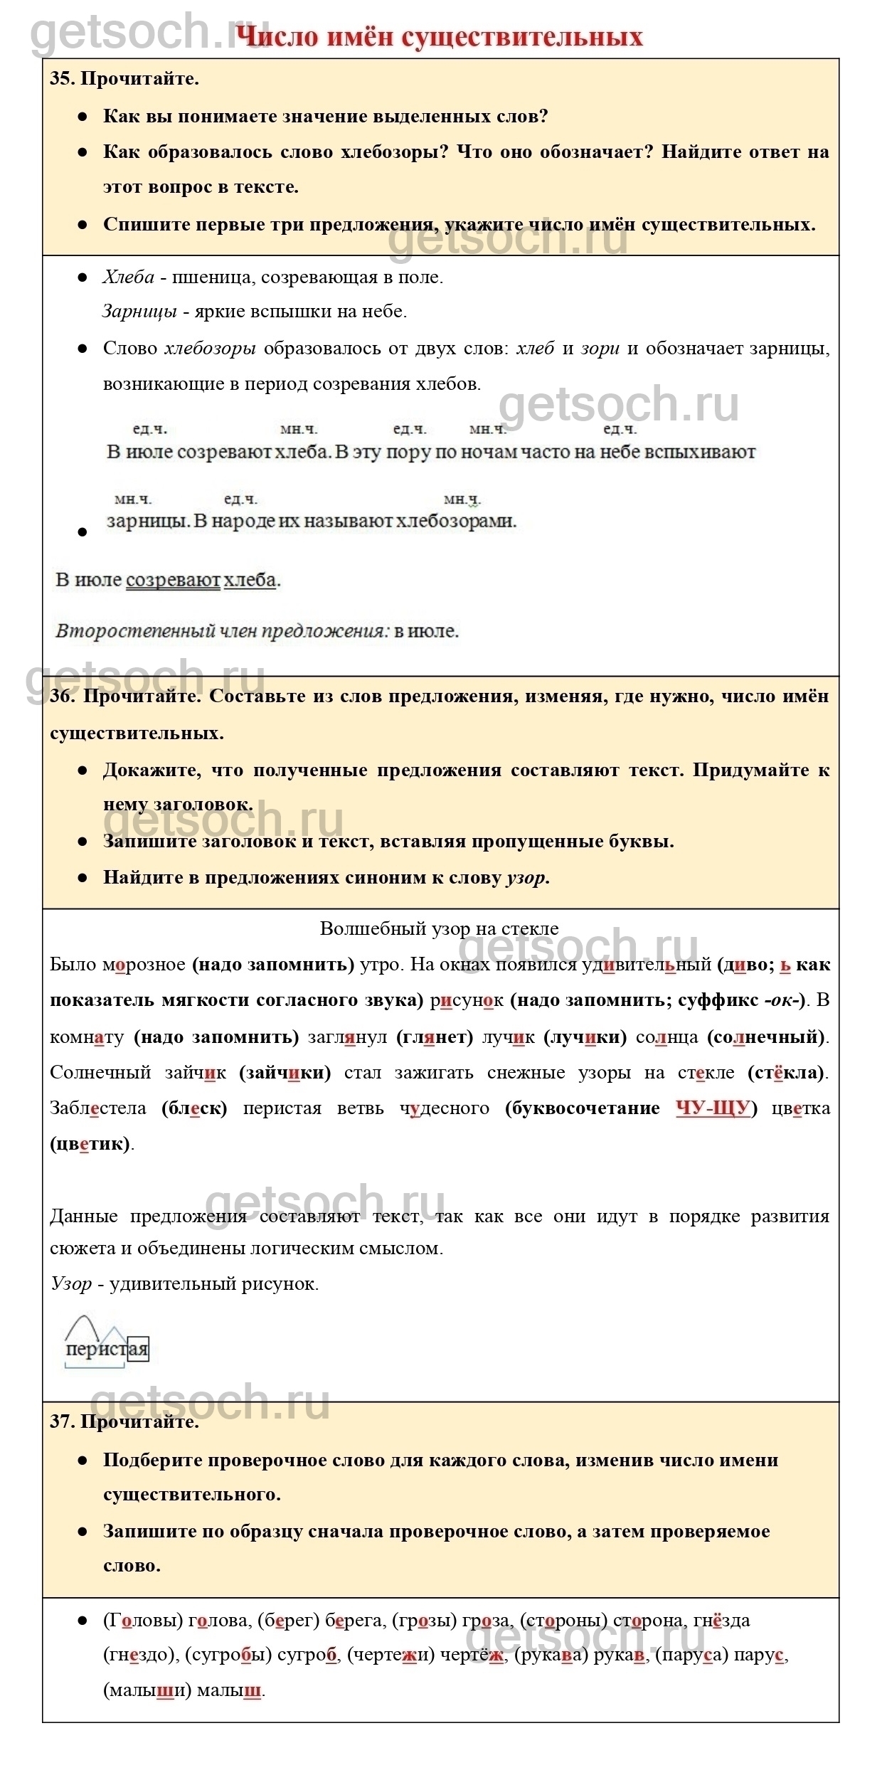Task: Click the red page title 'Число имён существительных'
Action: pos(439,37)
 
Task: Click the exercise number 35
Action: pos(61,79)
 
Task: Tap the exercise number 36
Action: pos(61,696)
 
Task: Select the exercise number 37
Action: pos(61,1421)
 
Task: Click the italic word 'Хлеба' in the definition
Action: pos(128,277)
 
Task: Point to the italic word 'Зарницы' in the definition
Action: pos(139,312)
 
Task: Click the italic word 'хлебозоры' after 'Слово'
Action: pos(210,349)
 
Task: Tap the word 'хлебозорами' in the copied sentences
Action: pos(455,521)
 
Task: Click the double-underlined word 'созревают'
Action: pos(173,581)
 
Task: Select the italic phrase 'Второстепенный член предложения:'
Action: pos(223,631)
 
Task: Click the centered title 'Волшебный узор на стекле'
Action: pos(439,928)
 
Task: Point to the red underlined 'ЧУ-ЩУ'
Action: pos(713,1108)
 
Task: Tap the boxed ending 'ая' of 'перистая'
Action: pos(138,1350)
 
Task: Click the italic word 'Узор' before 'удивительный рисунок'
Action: pos(71,1283)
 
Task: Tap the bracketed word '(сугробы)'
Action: pos(228,1655)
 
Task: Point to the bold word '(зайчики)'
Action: pos(285,1073)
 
